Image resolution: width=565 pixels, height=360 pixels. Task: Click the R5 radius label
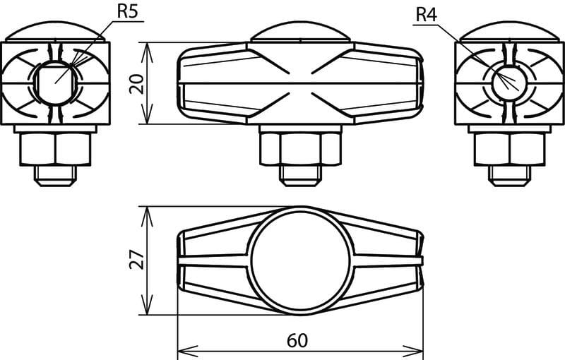pyautogui.click(x=128, y=11)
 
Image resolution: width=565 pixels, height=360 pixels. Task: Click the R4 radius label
pyautogui.click(x=427, y=15)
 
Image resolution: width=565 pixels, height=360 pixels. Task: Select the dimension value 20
pyautogui.click(x=137, y=84)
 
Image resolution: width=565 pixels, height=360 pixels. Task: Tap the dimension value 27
pyautogui.click(x=137, y=259)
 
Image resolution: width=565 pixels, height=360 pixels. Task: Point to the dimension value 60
pyautogui.click(x=297, y=340)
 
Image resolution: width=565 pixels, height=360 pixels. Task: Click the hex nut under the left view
pyautogui.click(x=56, y=149)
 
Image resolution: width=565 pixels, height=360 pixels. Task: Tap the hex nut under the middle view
pyautogui.click(x=300, y=149)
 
